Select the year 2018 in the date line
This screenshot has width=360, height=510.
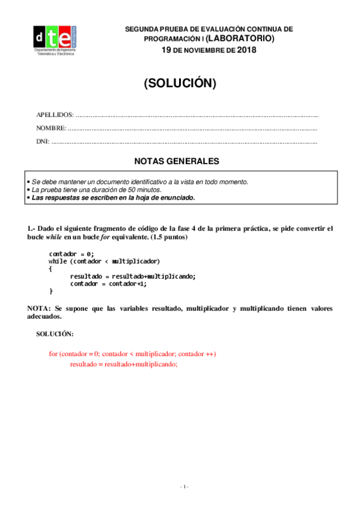246,50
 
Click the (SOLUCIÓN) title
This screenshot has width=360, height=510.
180,84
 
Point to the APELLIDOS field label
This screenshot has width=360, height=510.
55,114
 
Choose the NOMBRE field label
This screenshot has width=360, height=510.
52,128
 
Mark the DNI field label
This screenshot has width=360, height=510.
43,142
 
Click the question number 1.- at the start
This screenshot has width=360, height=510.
32,229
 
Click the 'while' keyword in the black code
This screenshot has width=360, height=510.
58,261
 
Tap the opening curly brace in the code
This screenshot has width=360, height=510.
50,268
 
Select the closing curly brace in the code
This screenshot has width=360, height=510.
51,291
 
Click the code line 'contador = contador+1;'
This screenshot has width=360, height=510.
108,283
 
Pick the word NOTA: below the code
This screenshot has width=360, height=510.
39,308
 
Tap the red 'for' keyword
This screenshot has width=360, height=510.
53,354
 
